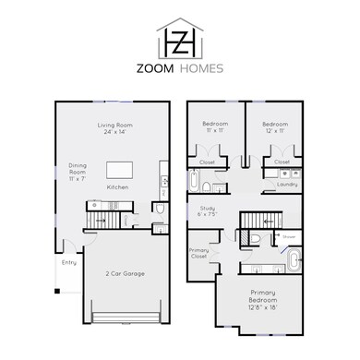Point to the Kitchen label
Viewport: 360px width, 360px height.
click(x=117, y=187)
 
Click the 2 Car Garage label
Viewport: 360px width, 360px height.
click(x=124, y=273)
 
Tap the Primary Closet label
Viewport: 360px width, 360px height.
click(x=199, y=255)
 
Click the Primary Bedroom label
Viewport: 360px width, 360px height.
click(x=262, y=300)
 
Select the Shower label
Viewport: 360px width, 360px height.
click(x=289, y=236)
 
